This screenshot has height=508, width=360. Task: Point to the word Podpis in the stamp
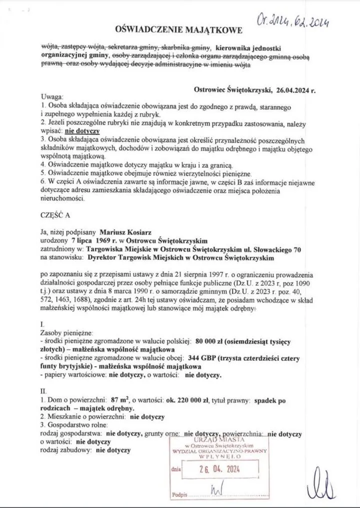179,494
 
